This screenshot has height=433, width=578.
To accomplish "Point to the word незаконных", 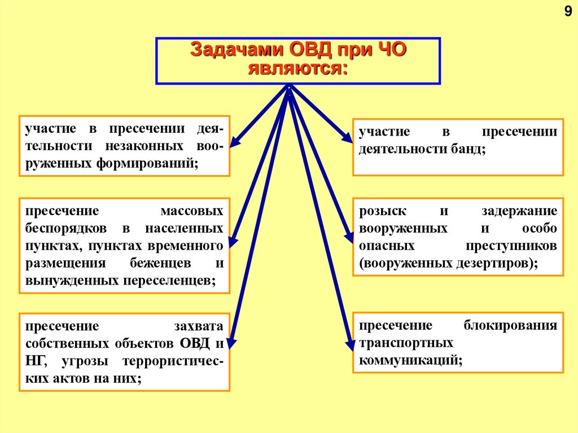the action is pyautogui.click(x=143, y=146).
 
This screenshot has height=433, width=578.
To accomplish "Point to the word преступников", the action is pyautogui.click(x=511, y=246).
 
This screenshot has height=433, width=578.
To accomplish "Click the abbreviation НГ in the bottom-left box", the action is pyautogui.click(x=35, y=361).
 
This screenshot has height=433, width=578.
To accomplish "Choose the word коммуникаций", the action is pyautogui.click(x=409, y=360).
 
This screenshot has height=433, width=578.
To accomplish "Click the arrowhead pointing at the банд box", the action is pyautogui.click(x=345, y=137).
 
